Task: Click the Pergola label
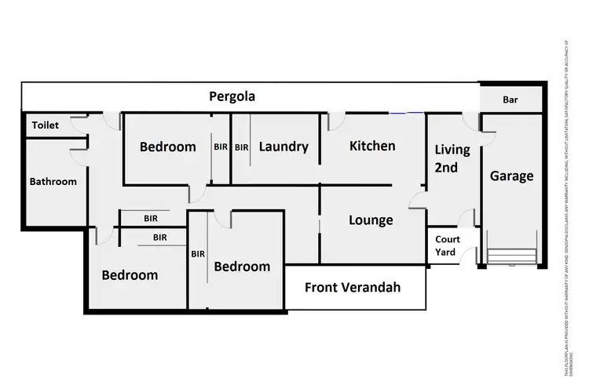(232, 97)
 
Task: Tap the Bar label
(510, 100)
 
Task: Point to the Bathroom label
(53, 182)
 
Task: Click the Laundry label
(283, 147)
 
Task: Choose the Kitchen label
(372, 146)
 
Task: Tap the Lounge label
(371, 220)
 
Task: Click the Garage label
(511, 176)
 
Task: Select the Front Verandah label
(353, 288)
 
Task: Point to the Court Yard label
(446, 246)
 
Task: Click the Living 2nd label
(452, 158)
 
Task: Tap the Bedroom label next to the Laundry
(167, 147)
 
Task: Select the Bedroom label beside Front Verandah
(242, 267)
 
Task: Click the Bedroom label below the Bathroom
(130, 275)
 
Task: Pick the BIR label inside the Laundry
(241, 147)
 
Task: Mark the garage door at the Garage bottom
(511, 256)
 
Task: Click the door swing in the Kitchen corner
(334, 122)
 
